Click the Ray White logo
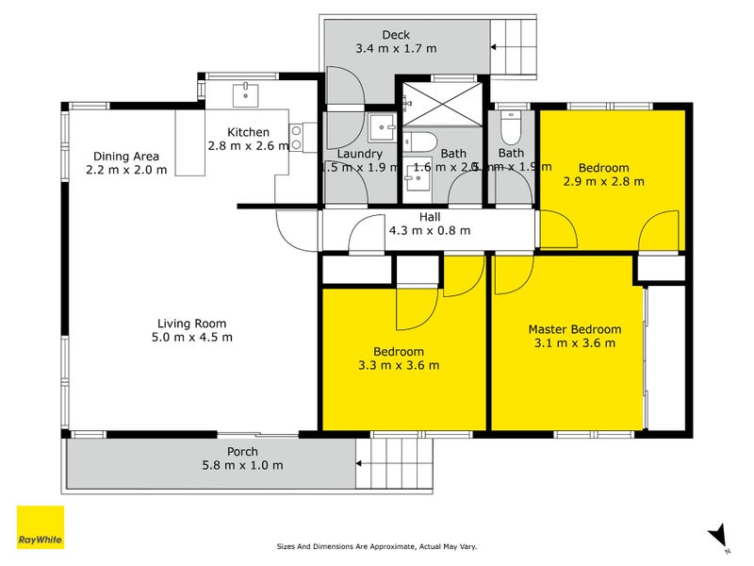point(41,527)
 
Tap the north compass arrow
point(718,536)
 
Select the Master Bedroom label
point(574,329)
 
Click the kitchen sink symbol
point(248,92)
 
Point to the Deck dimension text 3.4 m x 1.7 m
point(396,49)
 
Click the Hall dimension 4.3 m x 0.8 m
point(429,230)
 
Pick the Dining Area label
point(125,157)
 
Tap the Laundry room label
point(359,154)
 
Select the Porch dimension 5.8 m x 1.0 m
point(242,466)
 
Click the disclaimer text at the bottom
point(389,546)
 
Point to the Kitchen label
point(248,132)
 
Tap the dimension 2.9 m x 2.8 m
point(603,181)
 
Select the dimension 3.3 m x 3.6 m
point(398,365)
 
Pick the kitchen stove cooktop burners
point(295,138)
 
